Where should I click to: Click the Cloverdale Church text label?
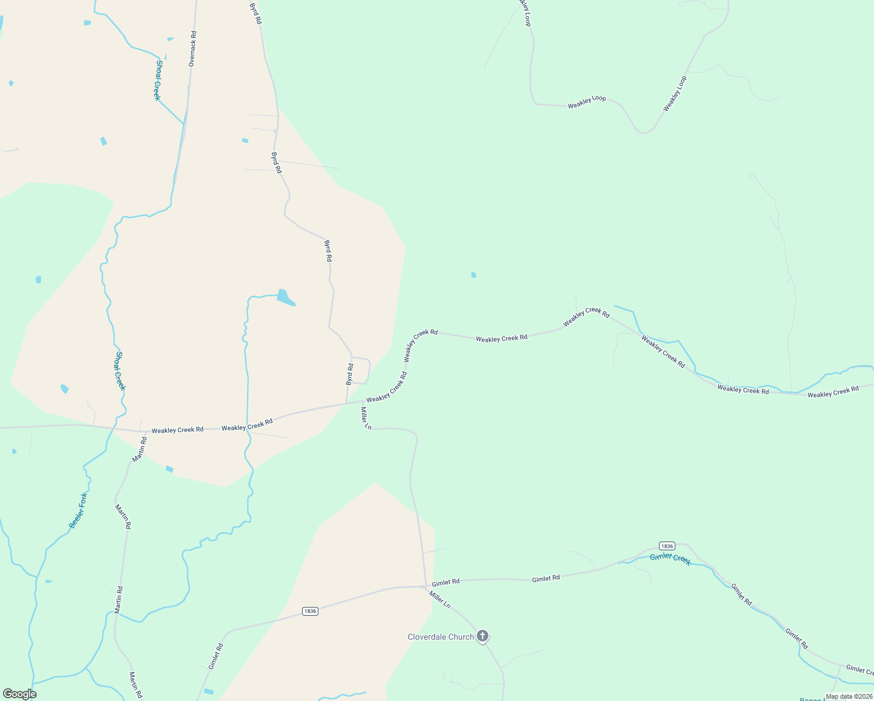pos(441,637)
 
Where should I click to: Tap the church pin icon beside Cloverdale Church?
pos(483,636)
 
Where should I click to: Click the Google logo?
pos(19,694)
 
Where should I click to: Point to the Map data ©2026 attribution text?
pos(848,696)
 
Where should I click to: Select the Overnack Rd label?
pos(192,48)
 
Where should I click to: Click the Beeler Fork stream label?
pos(78,511)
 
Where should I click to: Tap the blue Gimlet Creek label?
pos(670,558)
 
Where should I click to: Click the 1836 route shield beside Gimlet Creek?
pos(667,546)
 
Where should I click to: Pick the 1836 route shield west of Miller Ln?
pos(310,611)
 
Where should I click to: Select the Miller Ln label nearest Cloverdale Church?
pos(439,600)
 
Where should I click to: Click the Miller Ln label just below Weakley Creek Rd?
pos(366,418)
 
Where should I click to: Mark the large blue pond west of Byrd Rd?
pos(285,297)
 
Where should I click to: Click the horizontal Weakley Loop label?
pos(587,102)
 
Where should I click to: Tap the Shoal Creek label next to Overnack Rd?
pos(157,80)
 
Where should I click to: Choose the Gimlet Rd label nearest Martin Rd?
pos(216,656)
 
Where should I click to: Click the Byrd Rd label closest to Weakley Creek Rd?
pos(349,374)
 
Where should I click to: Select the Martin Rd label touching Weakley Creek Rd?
pos(139,449)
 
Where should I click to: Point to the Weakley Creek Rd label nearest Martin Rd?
pos(177,430)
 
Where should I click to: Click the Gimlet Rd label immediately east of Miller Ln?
pos(446,582)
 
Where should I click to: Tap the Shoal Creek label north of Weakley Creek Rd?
pos(120,371)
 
